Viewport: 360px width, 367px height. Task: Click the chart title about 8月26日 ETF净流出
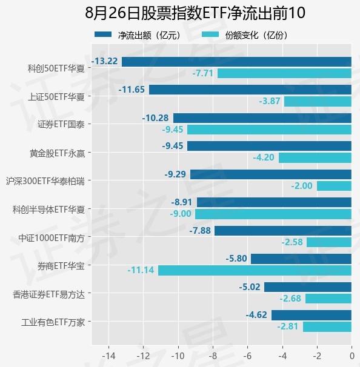[x=195, y=13]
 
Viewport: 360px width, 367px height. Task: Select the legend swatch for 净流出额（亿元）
[x=103, y=35]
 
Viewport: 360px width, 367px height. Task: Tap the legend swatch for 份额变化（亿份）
[x=210, y=35]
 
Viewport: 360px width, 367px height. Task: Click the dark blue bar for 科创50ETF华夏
[x=236, y=62]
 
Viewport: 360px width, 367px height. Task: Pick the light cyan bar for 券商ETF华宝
[x=255, y=270]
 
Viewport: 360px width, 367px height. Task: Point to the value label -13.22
[x=104, y=61]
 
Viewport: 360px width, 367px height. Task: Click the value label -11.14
[x=141, y=270]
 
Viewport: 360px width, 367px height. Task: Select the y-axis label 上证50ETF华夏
[x=56, y=97]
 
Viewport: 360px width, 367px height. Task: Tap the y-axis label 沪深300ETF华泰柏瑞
[x=45, y=182]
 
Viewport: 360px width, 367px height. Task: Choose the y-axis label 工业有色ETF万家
[x=53, y=323]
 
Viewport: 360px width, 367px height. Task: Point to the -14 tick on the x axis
[x=108, y=356]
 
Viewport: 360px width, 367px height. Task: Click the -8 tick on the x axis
[x=213, y=356]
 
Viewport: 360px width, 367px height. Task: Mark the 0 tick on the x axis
[x=352, y=356]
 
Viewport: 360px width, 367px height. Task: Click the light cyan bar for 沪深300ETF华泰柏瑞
[x=334, y=186]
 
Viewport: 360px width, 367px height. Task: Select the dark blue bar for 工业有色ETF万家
[x=312, y=315]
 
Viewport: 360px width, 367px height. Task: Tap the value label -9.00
[x=181, y=214]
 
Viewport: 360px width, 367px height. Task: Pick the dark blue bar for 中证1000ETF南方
[x=283, y=231]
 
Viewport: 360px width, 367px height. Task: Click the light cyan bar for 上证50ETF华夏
[x=318, y=101]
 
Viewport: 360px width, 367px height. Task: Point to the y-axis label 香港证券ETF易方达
[x=48, y=294]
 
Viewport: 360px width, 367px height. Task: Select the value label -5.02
[x=250, y=287]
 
